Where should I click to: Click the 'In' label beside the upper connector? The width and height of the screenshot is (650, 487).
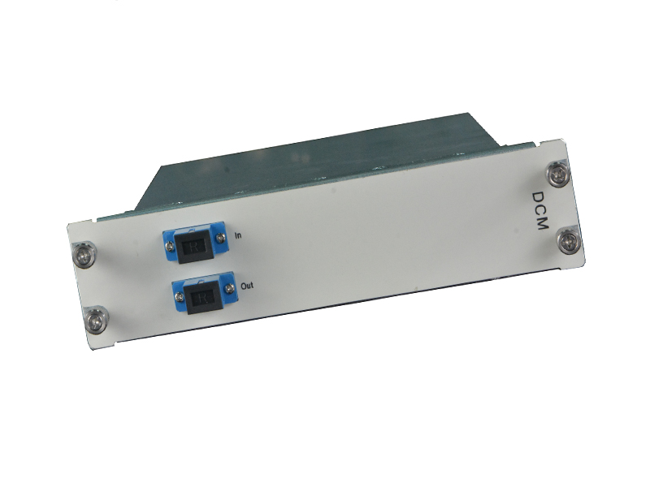(x=238, y=235)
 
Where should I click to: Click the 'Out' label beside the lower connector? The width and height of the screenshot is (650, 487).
(x=247, y=286)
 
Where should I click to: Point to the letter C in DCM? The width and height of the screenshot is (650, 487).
(x=540, y=210)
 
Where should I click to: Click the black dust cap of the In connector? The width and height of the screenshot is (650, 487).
(x=194, y=248)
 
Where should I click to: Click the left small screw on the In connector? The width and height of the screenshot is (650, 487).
(x=169, y=247)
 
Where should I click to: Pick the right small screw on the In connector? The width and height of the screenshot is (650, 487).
(x=220, y=237)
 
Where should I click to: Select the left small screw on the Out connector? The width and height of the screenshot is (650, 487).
(x=180, y=297)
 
